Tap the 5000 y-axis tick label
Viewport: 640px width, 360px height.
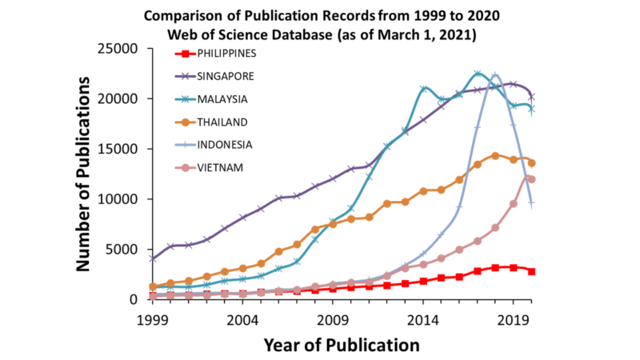click(x=125, y=249)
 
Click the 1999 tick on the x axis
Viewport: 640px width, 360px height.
click(x=151, y=320)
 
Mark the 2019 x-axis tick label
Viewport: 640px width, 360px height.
click(x=513, y=320)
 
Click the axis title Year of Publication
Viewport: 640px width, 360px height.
click(x=342, y=345)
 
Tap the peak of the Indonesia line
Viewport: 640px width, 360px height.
click(x=494, y=74)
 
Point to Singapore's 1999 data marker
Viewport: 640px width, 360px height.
click(x=152, y=258)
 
